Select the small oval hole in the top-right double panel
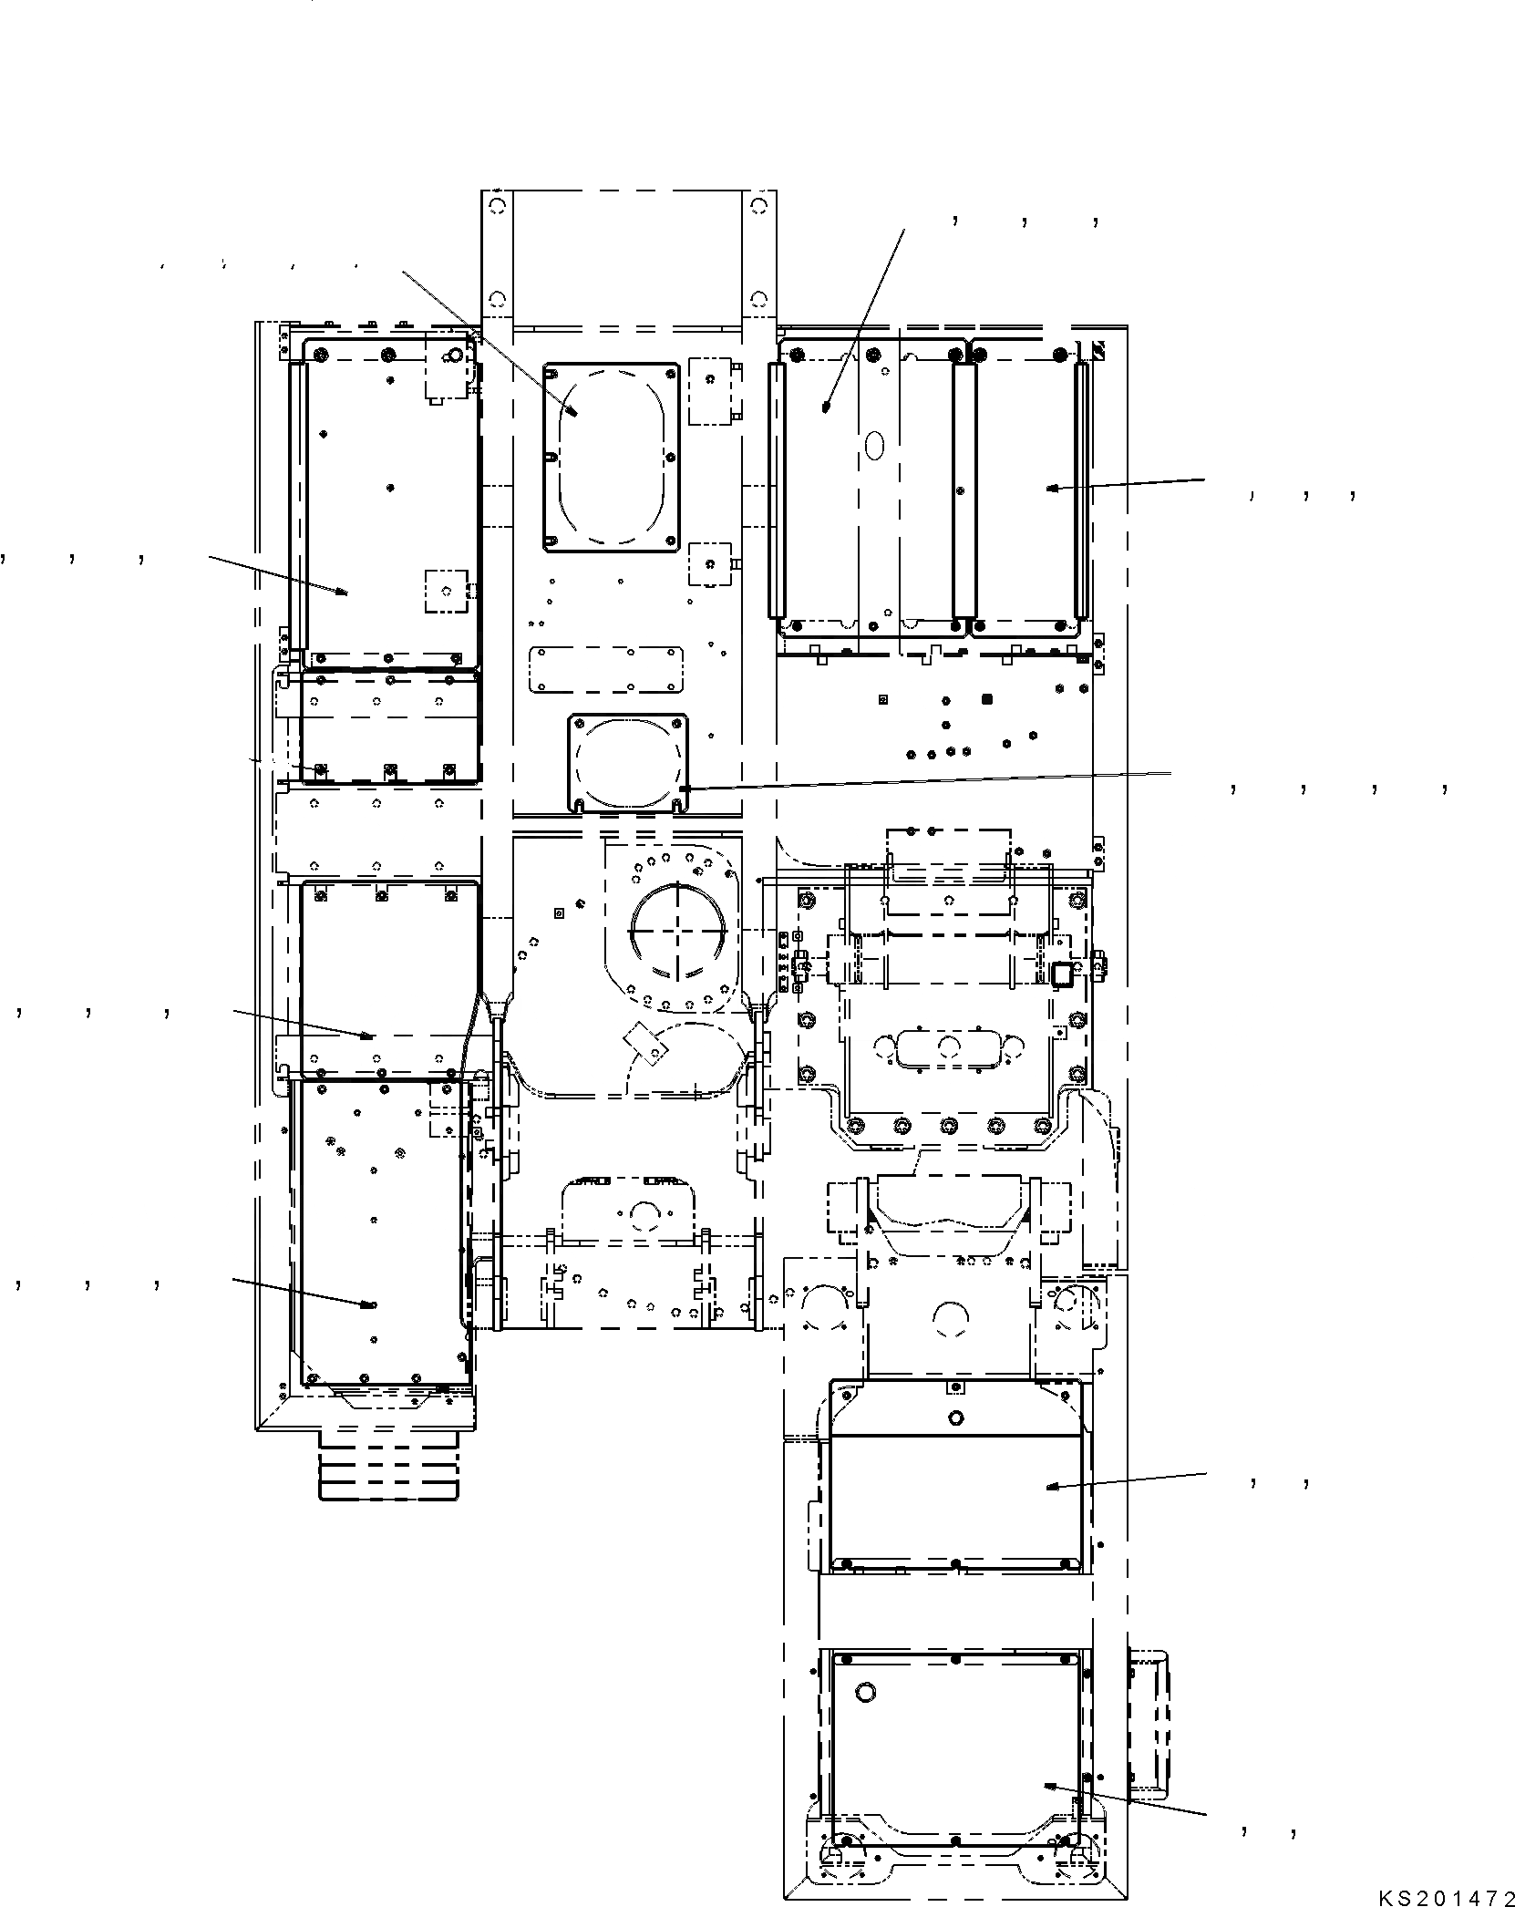(873, 445)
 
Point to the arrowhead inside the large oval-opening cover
(572, 411)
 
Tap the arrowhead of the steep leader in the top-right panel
(826, 407)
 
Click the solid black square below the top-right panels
(985, 700)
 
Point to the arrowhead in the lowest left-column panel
(368, 1305)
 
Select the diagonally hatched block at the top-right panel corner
(1099, 350)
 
